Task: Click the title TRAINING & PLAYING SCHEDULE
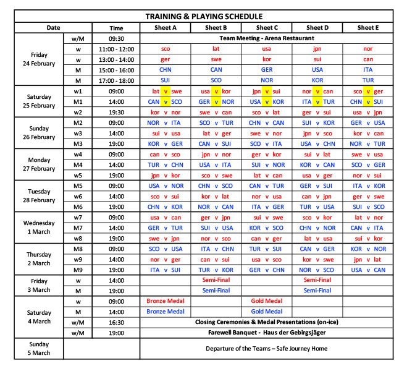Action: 203,17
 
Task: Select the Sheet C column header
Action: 267,28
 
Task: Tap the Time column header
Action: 116,28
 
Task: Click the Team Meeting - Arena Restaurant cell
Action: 267,38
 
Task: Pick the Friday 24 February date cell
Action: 39,59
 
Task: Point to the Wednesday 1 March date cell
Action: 39,228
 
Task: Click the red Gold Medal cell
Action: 267,301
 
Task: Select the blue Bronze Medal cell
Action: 166,312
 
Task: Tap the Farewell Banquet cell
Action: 267,333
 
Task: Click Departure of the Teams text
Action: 267,348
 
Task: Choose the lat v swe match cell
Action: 166,91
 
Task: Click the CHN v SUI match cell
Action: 367,101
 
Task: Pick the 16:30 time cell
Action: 116,322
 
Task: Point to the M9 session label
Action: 78,270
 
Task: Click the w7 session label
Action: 78,217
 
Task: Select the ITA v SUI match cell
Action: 166,270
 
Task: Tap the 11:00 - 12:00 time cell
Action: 116,48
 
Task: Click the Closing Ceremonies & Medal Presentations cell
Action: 267,322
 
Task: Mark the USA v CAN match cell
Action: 367,270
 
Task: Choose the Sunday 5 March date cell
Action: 39,348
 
